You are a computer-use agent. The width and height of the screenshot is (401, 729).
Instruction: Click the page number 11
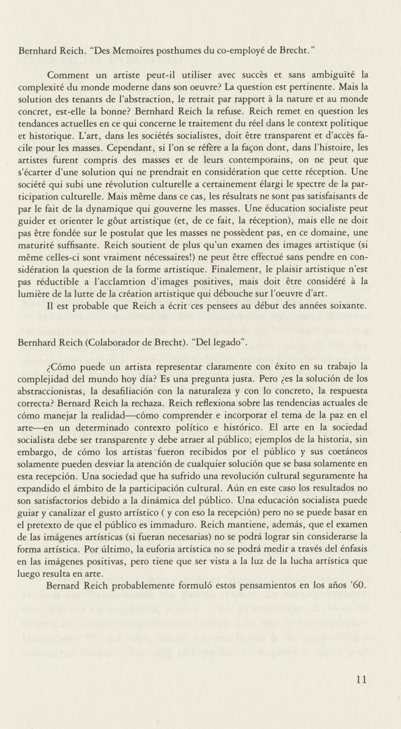coord(361,679)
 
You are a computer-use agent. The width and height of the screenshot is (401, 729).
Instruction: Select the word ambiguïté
coord(326,76)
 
